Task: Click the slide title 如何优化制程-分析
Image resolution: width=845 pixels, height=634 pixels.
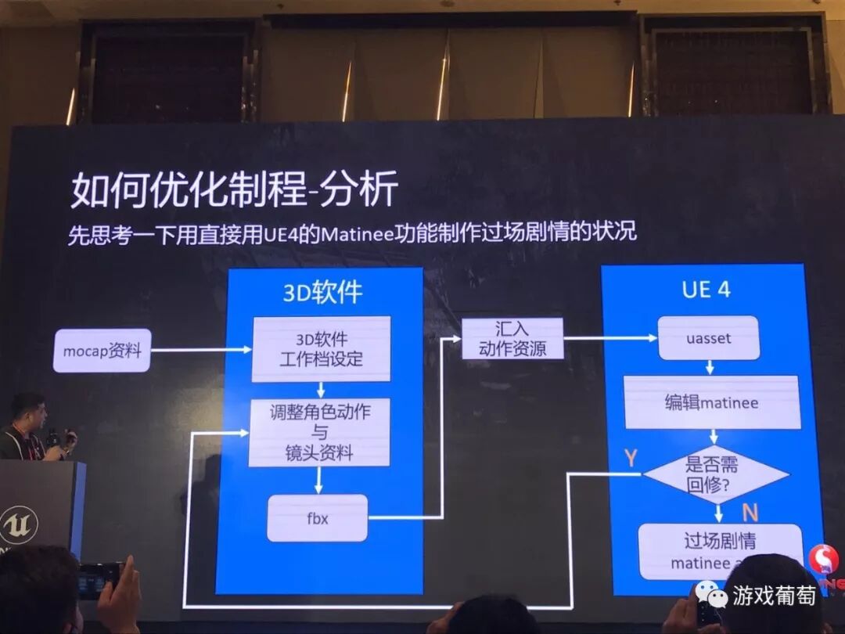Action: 234,189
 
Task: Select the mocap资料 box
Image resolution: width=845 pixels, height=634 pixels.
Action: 102,351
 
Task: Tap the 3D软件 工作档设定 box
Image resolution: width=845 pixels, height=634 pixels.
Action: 321,349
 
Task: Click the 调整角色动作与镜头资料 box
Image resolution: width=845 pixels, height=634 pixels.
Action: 321,432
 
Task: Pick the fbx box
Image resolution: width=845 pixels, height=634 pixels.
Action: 317,517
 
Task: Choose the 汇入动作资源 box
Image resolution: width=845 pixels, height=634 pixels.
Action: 512,338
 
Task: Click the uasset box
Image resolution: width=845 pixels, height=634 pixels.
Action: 708,338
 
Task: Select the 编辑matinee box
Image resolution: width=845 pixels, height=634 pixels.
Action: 711,402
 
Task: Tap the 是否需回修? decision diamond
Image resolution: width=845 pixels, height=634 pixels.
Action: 714,474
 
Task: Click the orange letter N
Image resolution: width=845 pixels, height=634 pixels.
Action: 750,513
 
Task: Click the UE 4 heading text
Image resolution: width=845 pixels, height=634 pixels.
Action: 706,290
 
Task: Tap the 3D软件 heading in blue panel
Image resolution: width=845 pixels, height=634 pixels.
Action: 322,292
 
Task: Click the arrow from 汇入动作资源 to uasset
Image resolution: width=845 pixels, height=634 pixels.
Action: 610,338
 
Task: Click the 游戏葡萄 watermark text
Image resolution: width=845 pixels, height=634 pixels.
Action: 774,596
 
